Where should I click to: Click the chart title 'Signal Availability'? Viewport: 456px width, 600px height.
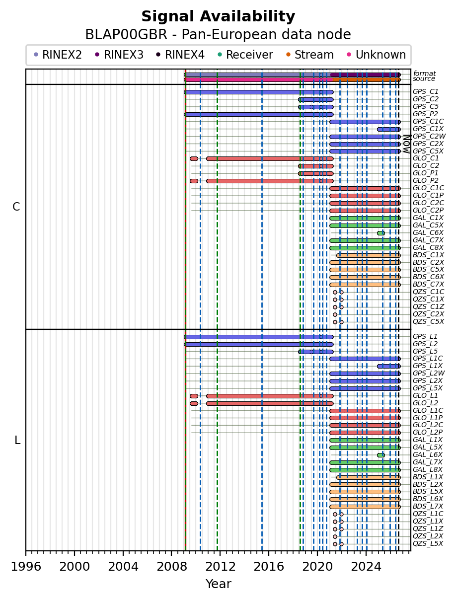[218, 16]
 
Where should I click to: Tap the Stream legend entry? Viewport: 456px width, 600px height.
[310, 55]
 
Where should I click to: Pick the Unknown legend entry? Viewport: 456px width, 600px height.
[376, 55]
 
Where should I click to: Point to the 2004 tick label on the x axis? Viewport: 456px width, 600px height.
[123, 567]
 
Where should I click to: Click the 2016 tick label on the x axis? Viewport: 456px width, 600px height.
[269, 567]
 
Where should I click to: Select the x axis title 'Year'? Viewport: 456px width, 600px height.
[219, 584]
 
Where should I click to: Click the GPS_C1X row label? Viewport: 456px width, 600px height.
[428, 129]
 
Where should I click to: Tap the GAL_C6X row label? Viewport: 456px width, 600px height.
[428, 233]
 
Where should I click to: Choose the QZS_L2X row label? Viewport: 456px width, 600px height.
[428, 536]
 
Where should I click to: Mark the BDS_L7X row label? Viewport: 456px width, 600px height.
[428, 507]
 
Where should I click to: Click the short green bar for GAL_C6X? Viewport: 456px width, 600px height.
[381, 233]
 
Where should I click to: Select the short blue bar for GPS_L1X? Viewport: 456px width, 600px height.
[389, 366]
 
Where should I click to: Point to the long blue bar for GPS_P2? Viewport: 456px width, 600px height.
[259, 115]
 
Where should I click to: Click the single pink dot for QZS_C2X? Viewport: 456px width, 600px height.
[335, 314]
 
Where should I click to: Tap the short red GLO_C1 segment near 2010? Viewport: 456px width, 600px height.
[194, 159]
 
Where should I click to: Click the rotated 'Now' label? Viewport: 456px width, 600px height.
[407, 144]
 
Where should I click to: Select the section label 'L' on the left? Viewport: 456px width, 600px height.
[17, 441]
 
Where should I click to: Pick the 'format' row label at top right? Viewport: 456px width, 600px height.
[424, 74]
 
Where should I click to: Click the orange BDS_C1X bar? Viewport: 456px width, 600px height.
[369, 256]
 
